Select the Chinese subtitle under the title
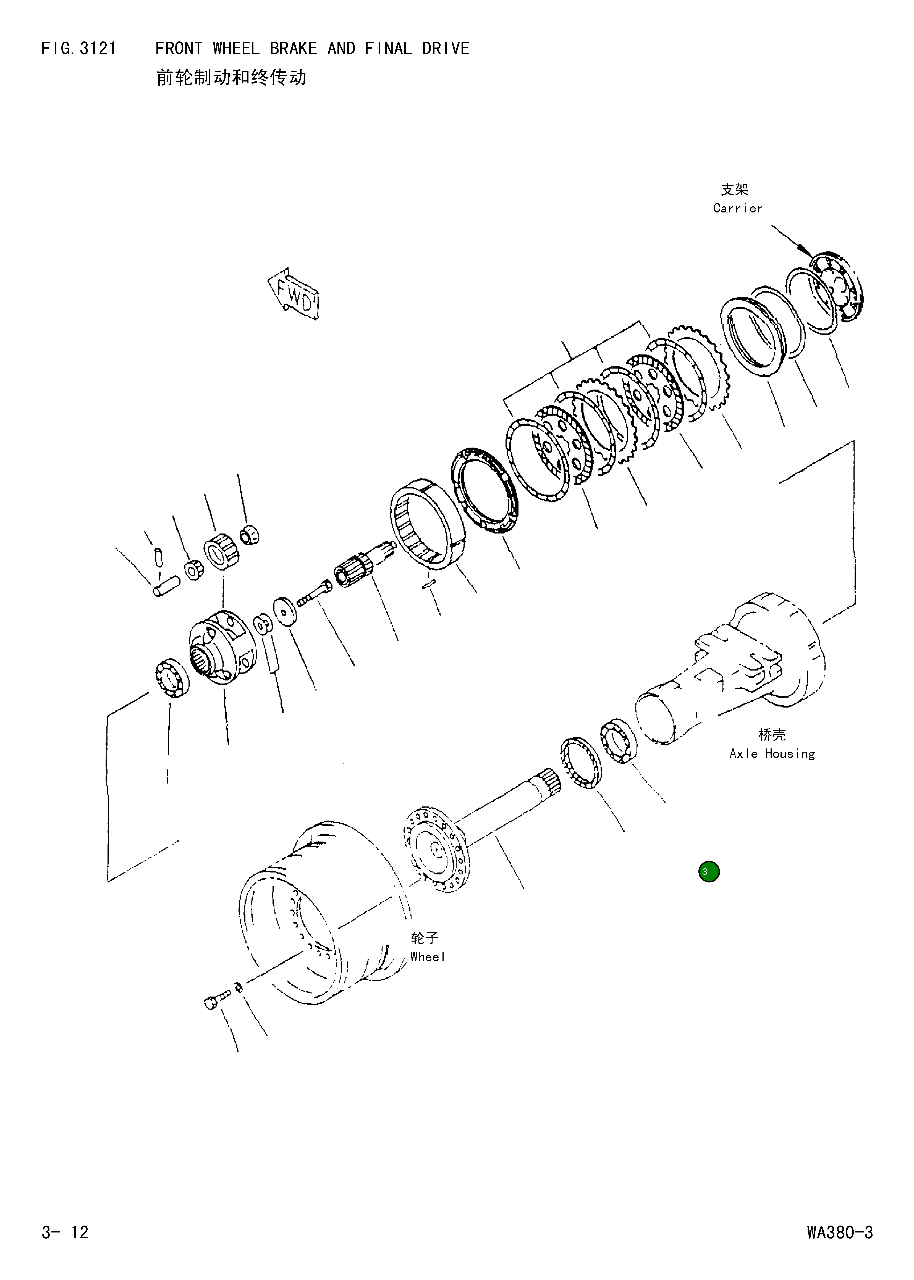click(x=231, y=78)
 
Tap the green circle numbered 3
click(x=709, y=872)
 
